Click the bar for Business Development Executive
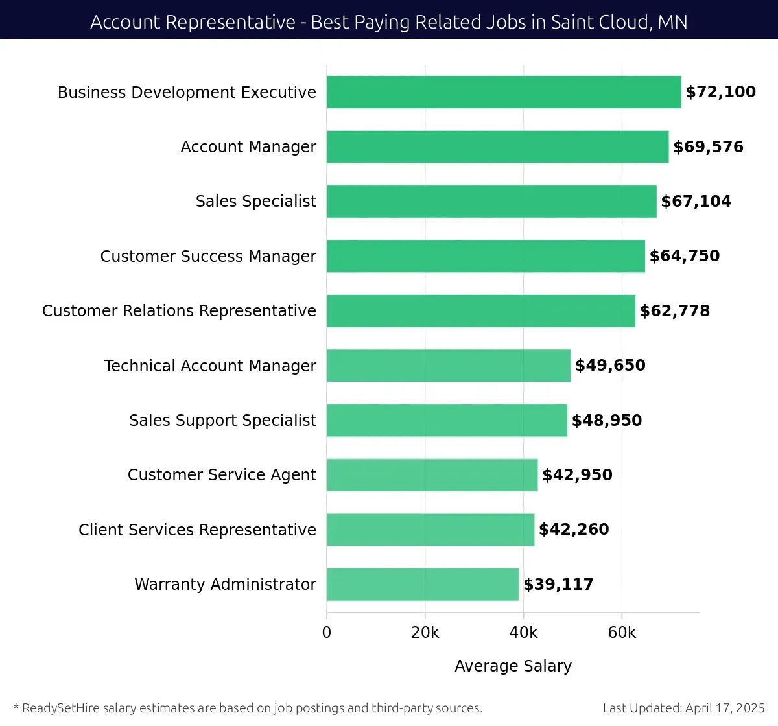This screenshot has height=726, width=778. coord(504,92)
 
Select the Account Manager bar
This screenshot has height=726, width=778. coord(497,146)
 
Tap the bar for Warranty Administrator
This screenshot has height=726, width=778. coord(423,584)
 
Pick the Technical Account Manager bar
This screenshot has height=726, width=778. coord(449,366)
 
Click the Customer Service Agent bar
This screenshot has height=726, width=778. coord(432,475)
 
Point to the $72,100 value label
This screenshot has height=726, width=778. coord(720,92)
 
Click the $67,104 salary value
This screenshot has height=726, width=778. coord(696,202)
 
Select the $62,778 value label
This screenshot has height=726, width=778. coord(674,311)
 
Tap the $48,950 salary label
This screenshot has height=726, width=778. coord(606,421)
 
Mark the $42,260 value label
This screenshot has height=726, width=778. coord(574,530)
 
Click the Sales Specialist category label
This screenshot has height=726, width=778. coord(255,202)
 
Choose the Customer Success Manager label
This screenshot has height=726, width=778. coord(208,256)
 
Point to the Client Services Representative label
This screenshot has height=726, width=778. coord(197,530)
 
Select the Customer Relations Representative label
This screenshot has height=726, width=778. coord(179,311)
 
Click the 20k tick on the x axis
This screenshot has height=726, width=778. coord(425,633)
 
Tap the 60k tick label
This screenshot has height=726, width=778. coord(622,633)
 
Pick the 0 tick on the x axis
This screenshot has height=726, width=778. coord(327,633)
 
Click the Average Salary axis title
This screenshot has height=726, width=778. coord(513,666)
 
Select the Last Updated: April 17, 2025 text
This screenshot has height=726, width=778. coord(683,708)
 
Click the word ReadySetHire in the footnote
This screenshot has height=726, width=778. coord(61,708)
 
